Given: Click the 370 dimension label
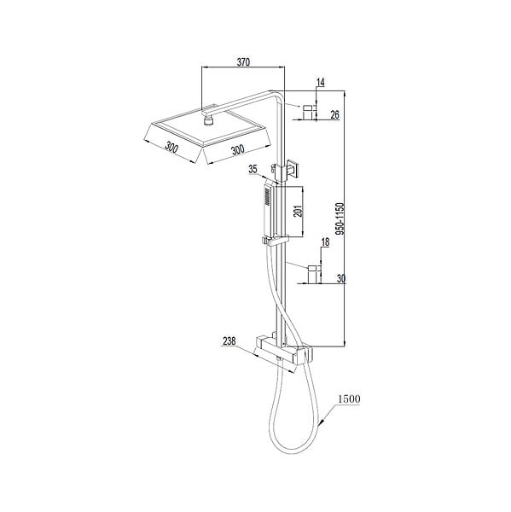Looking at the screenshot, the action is pos(243,62).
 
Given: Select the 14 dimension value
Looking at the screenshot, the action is pos(321,82).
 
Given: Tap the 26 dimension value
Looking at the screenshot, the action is pos(335,114).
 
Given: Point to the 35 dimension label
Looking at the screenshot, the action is pos(253,169).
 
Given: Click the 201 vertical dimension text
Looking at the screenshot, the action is pos(298,212).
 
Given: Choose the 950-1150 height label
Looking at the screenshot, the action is pos(340,218).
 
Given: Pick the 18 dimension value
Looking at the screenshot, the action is pos(326,242).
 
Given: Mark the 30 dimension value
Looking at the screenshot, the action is pos(341,278).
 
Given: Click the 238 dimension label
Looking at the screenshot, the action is pos(229,341).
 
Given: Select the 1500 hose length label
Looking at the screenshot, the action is pos(349,399).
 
